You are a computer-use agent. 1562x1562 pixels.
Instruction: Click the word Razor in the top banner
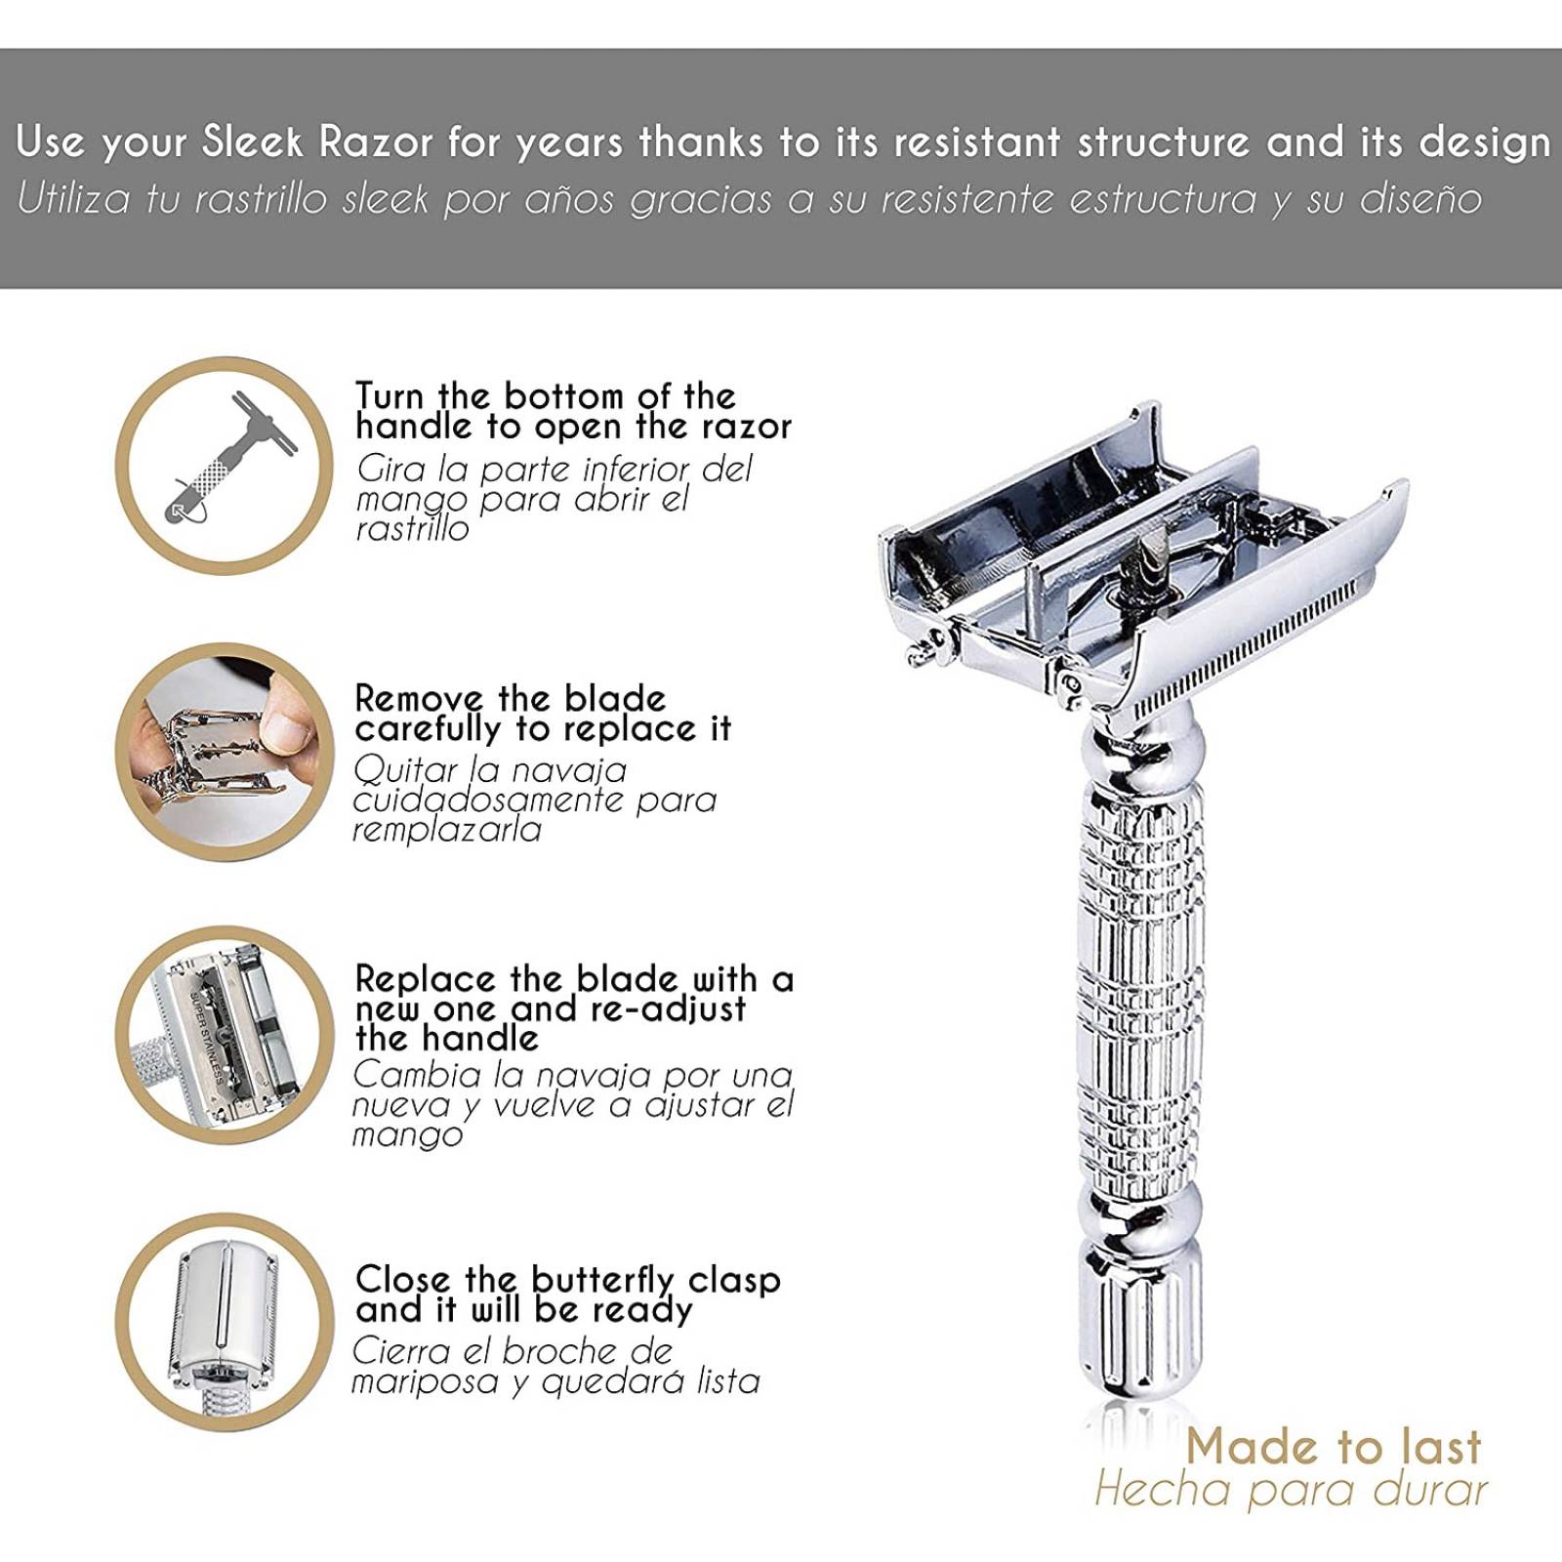point(376,143)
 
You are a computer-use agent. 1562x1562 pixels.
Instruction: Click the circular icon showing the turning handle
point(225,465)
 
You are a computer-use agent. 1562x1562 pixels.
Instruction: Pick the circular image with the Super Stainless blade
point(225,1035)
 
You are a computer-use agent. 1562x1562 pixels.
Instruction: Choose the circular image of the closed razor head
point(225,1323)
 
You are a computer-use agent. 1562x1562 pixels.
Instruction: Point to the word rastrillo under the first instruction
point(412,529)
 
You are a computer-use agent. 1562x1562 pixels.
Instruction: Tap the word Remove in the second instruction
point(420,699)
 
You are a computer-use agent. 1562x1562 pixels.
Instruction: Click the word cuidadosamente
point(489,801)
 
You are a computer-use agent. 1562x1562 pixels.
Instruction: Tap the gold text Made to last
point(1334,1446)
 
